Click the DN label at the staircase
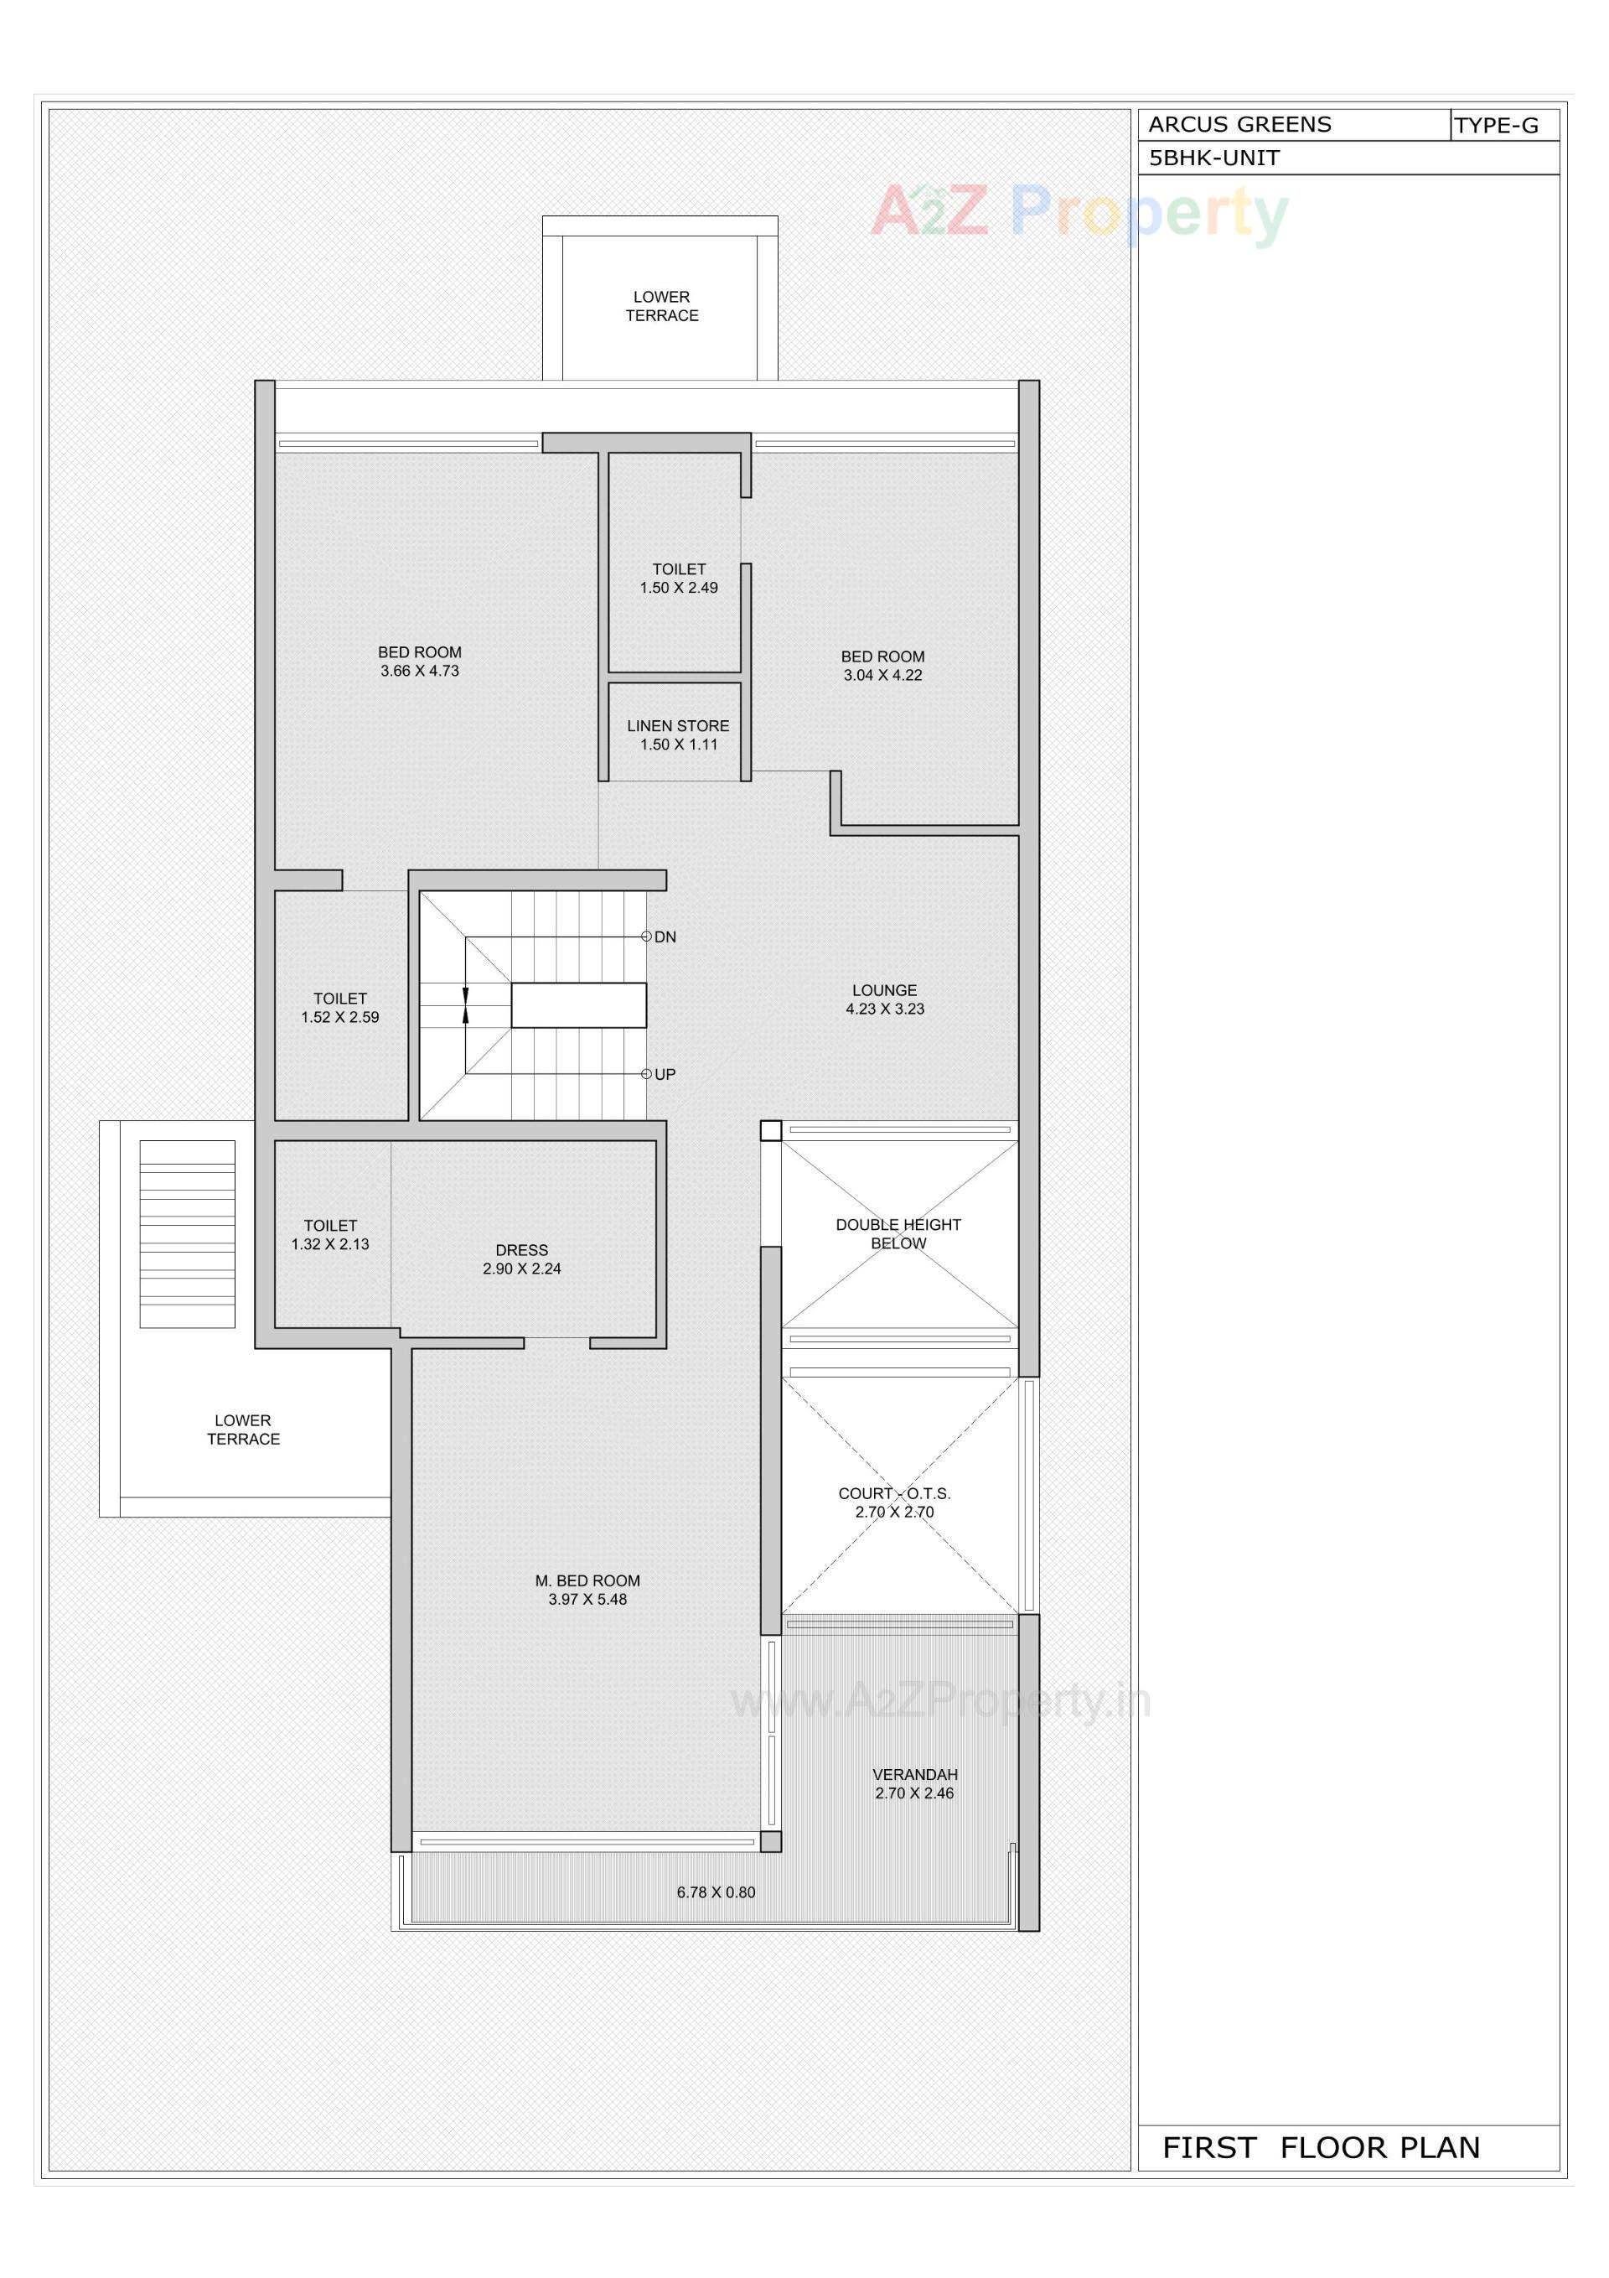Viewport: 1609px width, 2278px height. tap(665, 937)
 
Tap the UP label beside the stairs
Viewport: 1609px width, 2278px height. tap(665, 1075)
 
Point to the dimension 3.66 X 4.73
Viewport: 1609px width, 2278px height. tap(420, 672)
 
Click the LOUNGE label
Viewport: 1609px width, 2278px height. tap(884, 990)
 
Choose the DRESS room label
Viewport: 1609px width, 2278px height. tap(522, 1250)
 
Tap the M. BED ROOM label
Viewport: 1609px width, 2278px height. tap(587, 1580)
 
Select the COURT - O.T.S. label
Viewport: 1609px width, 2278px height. tap(894, 1493)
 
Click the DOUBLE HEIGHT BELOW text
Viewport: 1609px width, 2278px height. tap(898, 1234)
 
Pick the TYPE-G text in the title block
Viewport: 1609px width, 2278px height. tap(1496, 126)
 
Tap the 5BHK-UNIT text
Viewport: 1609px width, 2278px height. tap(1213, 158)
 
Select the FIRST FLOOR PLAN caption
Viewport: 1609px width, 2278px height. tap(1321, 2148)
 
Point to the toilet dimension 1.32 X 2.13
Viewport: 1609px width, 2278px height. tap(329, 1244)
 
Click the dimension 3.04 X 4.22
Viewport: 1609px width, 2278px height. tap(883, 676)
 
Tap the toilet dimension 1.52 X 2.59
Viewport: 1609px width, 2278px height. tap(339, 1017)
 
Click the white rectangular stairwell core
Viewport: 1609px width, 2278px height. tap(578, 1005)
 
